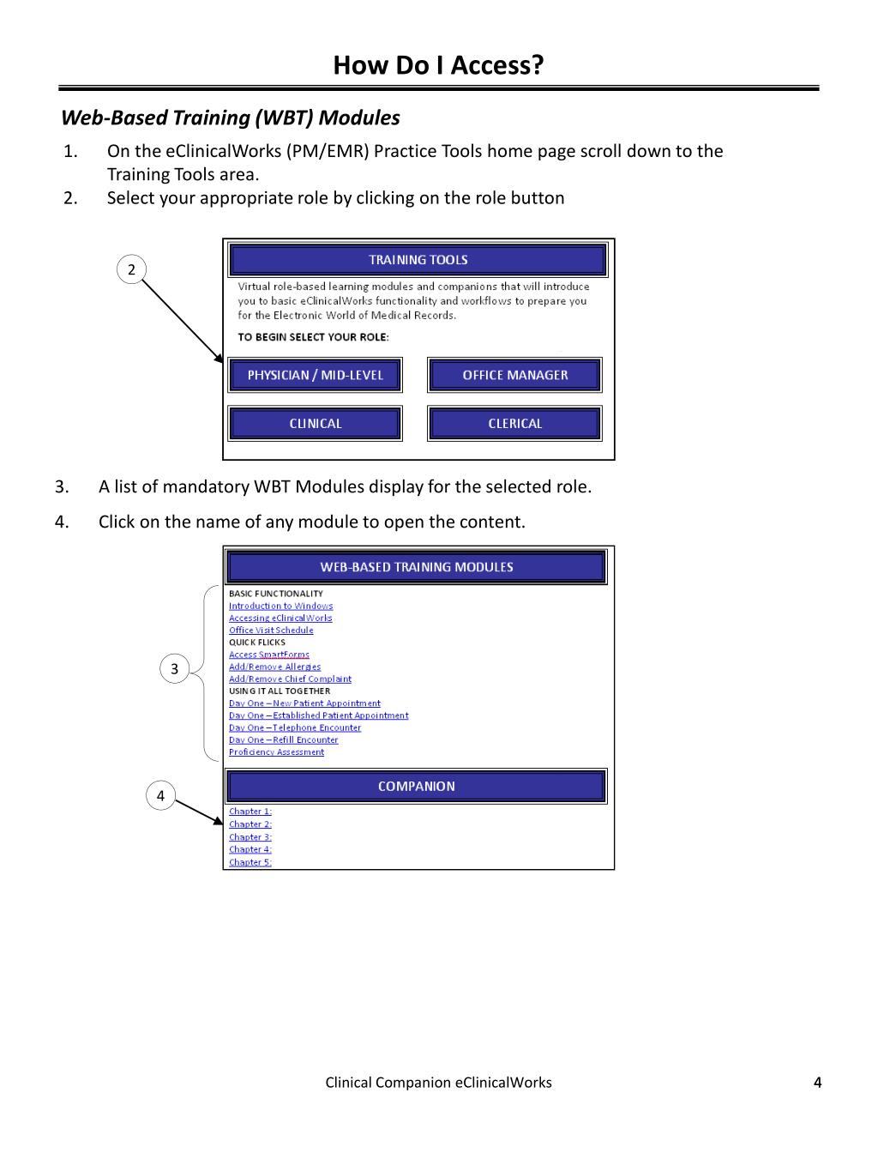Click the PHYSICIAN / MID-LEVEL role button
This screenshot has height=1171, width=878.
(x=315, y=375)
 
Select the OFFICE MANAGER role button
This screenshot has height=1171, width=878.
(x=514, y=375)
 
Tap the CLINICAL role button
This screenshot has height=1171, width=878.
(x=315, y=424)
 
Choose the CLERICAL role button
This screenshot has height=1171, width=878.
(x=514, y=424)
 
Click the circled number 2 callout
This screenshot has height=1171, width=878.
(x=131, y=269)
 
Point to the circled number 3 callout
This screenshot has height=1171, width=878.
(x=175, y=669)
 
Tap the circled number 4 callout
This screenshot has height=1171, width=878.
(x=160, y=796)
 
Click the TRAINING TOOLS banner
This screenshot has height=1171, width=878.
(x=418, y=260)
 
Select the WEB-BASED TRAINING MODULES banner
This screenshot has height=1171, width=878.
(x=417, y=567)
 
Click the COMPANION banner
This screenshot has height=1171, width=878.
(x=417, y=787)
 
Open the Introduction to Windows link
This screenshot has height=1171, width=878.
(x=280, y=606)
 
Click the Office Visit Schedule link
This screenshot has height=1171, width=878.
(x=271, y=631)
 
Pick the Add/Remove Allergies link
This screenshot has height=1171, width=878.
(x=274, y=667)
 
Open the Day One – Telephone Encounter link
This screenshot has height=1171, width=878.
(x=295, y=727)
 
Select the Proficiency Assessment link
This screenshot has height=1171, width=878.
(x=276, y=752)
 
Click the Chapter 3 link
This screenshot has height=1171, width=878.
(x=250, y=837)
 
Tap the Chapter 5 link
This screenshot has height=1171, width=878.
(x=250, y=862)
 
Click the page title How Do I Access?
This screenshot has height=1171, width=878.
(x=438, y=65)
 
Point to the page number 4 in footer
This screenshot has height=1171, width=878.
(x=817, y=1083)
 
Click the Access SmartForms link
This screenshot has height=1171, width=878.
(x=268, y=655)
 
